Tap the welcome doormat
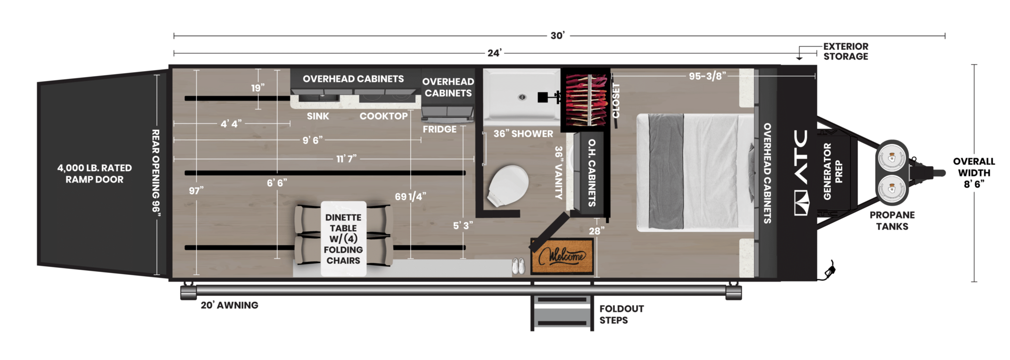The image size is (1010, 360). point(562,256)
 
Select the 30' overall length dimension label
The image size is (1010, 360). point(557,36)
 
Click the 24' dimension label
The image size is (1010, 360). point(494,53)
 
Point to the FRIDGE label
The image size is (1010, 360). point(439,129)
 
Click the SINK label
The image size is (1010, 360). point(318,116)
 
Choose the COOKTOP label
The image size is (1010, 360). point(383,116)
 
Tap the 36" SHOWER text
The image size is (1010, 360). point(523,134)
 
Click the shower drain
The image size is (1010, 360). point(522,97)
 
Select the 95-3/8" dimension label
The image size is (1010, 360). point(707,76)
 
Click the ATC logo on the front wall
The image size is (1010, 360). point(801,173)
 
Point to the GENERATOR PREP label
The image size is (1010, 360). point(832,172)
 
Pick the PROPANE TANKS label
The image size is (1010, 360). point(892,220)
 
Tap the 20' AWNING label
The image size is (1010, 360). point(229,305)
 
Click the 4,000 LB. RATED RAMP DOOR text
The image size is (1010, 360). point(94,174)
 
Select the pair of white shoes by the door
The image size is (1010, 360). point(518,266)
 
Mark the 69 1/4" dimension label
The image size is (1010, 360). point(410,196)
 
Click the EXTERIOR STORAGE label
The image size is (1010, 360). point(845,51)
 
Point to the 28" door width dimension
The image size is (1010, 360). point(596,231)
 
